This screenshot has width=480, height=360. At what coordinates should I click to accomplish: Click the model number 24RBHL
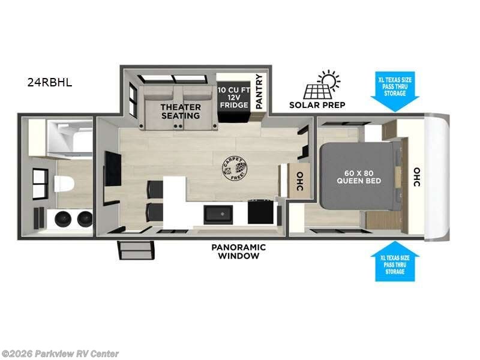point(49,83)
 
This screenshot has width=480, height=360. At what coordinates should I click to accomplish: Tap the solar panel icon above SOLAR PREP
point(321,85)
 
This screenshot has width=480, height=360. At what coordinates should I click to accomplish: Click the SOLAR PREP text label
point(317,105)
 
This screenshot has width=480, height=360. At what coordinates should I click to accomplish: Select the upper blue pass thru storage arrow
point(395,92)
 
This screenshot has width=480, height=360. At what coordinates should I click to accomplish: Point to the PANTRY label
point(259,91)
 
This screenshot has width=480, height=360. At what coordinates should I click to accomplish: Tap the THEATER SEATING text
point(179,111)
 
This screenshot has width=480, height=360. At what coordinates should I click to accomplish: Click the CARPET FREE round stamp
point(235,169)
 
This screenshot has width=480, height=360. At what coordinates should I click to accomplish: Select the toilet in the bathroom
point(63,183)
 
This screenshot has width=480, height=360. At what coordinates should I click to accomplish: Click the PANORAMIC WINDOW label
point(238,251)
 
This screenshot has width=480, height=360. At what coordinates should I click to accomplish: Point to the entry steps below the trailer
point(136,250)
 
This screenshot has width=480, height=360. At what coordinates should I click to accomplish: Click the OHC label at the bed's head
point(416,176)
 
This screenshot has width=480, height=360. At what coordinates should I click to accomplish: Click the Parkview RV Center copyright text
point(60,354)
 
